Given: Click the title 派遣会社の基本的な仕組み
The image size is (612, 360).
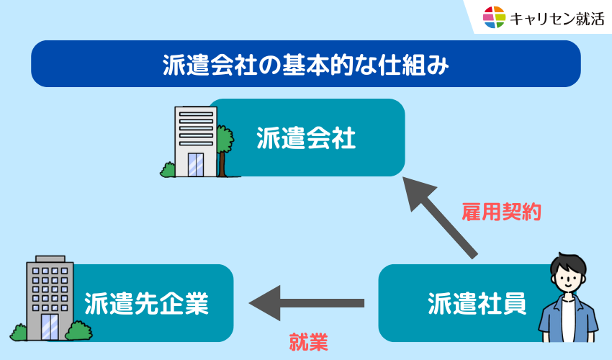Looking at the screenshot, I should pyautogui.click(x=306, y=64).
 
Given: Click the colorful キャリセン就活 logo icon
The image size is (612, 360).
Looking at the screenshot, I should pyautogui.click(x=495, y=17).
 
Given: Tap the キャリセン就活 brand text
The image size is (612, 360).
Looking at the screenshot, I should pyautogui.click(x=557, y=18).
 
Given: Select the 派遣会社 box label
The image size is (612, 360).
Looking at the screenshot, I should pyautogui.click(x=306, y=137).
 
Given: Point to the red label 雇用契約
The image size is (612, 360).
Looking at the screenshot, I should pyautogui.click(x=501, y=212).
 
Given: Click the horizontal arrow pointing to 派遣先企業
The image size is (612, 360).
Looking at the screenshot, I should pyautogui.click(x=307, y=302).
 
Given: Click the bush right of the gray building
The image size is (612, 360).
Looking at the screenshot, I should pyautogui.click(x=79, y=330).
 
